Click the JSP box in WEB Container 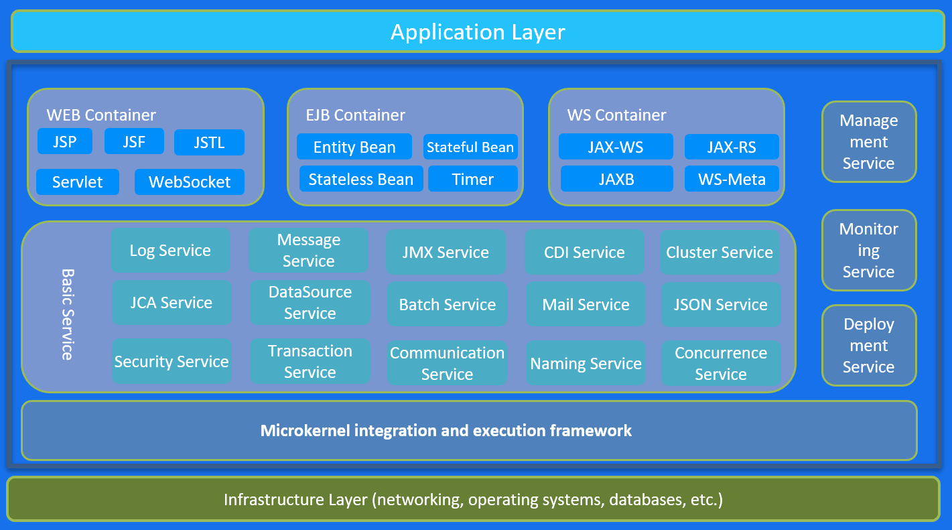tap(65, 142)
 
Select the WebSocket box tap(190, 182)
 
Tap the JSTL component tap(209, 143)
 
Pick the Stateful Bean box tap(470, 147)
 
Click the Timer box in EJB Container tap(473, 179)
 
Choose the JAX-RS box tap(732, 147)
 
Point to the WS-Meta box tap(732, 179)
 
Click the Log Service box tap(170, 251)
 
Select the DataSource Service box tap(310, 303)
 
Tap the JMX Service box tap(446, 253)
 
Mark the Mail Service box tap(586, 305)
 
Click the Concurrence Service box tap(720, 363)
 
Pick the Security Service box tap(172, 362)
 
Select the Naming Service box tap(586, 364)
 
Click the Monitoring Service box tap(869, 251)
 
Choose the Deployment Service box tap(869, 346)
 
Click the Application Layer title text tap(478, 32)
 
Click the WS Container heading tap(616, 115)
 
